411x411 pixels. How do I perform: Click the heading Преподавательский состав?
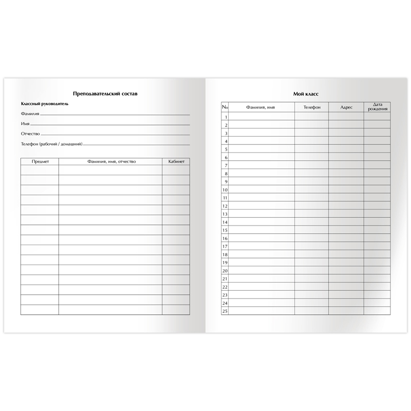(x=105, y=94)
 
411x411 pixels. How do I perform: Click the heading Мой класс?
(x=305, y=94)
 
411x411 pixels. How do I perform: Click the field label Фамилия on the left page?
(x=30, y=114)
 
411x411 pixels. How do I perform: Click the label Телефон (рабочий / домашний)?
(x=51, y=144)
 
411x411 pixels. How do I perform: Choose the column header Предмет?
(x=40, y=161)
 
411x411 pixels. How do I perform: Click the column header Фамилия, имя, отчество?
(x=110, y=161)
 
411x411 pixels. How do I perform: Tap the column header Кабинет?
(x=176, y=161)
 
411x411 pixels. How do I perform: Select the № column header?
(x=225, y=107)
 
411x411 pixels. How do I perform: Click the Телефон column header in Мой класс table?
(x=311, y=107)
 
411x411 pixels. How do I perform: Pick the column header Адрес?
(x=346, y=107)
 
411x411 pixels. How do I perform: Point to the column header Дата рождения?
(x=377, y=107)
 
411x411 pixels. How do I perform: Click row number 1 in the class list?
(x=225, y=117)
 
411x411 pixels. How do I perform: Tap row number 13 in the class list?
(x=225, y=214)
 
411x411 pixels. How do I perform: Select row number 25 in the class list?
(x=225, y=311)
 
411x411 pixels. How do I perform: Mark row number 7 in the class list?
(x=225, y=165)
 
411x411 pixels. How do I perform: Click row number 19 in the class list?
(x=225, y=262)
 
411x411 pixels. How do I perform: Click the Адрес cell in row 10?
(x=346, y=190)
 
